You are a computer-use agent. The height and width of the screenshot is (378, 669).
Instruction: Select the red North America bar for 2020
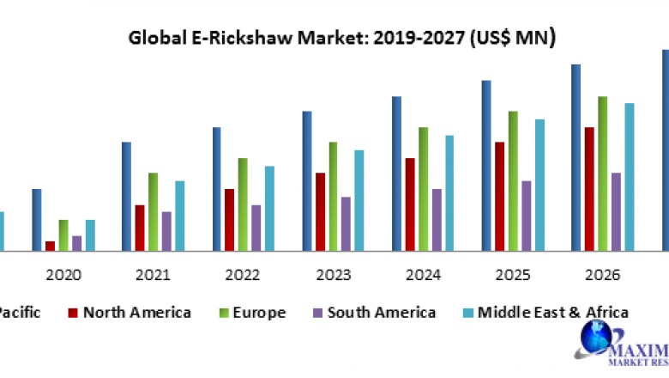50,246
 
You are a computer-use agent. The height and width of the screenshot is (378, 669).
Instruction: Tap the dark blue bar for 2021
126,196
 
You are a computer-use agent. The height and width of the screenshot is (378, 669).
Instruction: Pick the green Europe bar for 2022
243,204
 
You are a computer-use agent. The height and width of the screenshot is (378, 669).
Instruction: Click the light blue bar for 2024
449,192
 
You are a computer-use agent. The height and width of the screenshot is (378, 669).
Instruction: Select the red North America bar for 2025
499,196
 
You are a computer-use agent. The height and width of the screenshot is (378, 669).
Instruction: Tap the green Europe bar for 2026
603,174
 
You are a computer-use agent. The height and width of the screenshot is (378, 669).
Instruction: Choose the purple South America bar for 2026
616,211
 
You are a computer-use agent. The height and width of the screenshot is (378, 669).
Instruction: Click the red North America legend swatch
73,313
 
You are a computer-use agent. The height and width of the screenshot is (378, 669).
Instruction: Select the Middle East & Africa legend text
553,313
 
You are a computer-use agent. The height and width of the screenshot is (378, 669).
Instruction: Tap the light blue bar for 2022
269,208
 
